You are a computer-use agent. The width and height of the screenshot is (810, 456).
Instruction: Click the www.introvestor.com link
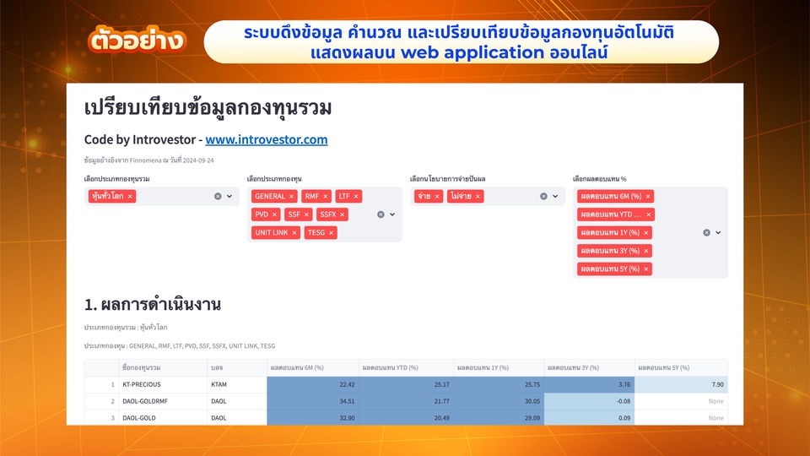[x=266, y=139]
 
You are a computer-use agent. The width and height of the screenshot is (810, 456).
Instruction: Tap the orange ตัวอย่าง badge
[x=136, y=41]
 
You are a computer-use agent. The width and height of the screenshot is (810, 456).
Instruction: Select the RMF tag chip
[x=313, y=196]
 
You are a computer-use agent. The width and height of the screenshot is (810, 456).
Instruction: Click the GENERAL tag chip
[x=270, y=196]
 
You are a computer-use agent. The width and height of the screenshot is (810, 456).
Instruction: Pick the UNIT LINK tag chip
[x=272, y=232]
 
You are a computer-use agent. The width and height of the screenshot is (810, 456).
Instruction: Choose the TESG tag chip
[x=316, y=232]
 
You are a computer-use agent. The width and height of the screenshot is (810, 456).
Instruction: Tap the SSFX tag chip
[x=328, y=214]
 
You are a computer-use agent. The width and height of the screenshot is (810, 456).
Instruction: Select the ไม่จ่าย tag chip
[x=462, y=196]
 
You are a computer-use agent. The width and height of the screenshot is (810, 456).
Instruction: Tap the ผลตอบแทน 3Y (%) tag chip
[x=610, y=251]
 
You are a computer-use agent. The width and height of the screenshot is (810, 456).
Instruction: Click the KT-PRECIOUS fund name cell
[x=142, y=384]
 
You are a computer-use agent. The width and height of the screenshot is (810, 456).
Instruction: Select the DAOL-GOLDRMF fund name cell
[x=145, y=401]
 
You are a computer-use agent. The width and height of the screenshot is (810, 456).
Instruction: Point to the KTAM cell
[x=219, y=384]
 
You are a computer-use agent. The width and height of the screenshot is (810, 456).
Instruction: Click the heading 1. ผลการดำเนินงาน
[x=152, y=304]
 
